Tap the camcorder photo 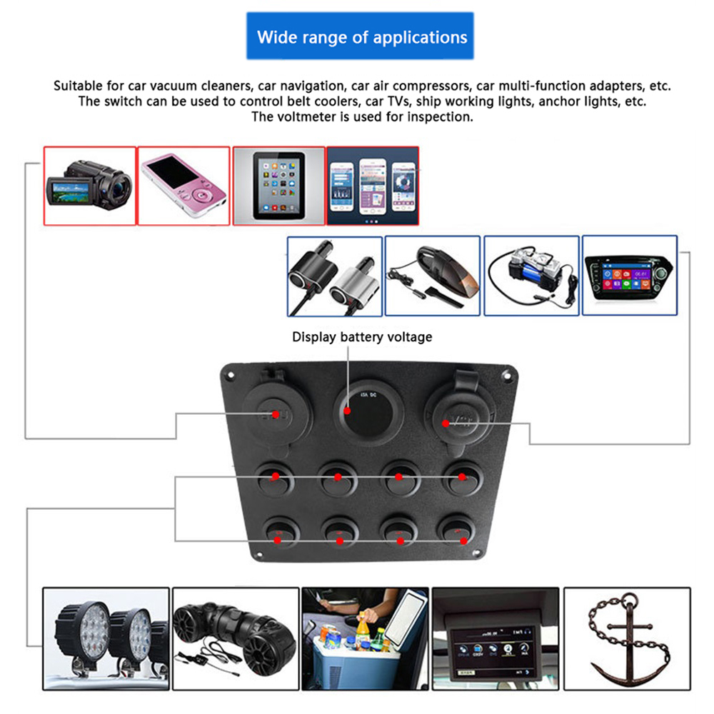click(90, 186)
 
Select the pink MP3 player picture click(183, 186)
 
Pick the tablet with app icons click(278, 186)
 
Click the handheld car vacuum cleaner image click(433, 276)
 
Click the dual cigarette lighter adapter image click(335, 276)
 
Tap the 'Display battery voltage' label click(361, 336)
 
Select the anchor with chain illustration click(627, 638)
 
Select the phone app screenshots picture click(373, 186)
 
